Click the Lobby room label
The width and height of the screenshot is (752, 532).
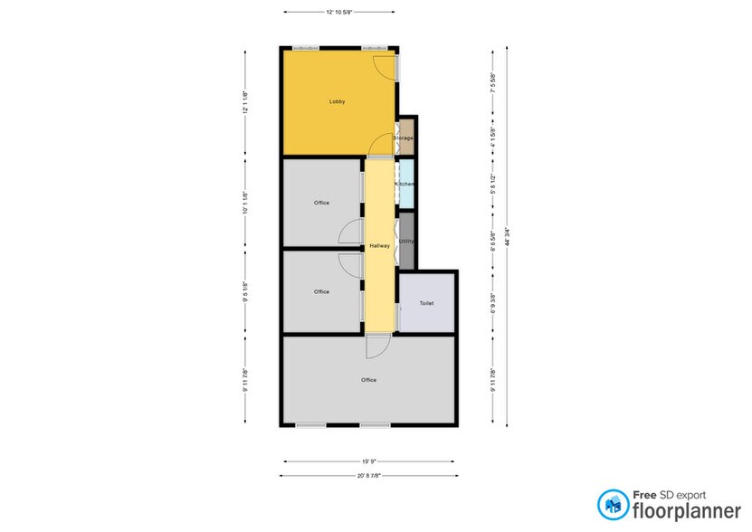(337, 102)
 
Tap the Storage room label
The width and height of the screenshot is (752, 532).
(404, 138)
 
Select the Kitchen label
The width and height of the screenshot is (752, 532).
(405, 185)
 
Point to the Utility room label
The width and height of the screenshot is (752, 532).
(406, 242)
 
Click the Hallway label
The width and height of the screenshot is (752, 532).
(379, 246)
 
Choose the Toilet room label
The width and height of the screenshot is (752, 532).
(426, 303)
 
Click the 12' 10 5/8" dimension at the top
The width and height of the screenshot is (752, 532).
(339, 12)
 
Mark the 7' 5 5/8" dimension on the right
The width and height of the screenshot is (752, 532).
(492, 83)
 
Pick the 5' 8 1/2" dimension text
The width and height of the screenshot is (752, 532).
(492, 185)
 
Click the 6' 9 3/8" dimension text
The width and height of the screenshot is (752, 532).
(492, 300)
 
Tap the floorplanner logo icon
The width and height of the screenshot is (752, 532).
(612, 504)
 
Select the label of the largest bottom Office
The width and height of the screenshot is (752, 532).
(368, 380)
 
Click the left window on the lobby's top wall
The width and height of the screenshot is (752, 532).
(304, 47)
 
